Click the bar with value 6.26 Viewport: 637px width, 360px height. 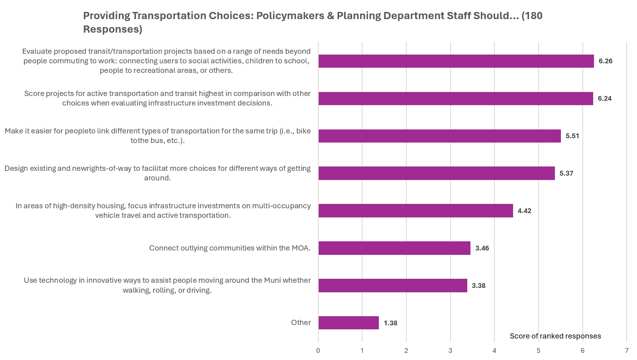pyautogui.click(x=456, y=61)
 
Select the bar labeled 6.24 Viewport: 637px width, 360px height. pyautogui.click(x=455, y=99)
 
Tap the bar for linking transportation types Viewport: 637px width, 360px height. pyautogui.click(x=439, y=136)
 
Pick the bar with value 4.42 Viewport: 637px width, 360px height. pyautogui.click(x=416, y=211)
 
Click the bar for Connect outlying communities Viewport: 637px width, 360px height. pyautogui.click(x=394, y=248)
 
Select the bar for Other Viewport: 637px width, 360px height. pyautogui.click(x=349, y=323)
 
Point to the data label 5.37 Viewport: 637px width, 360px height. pyautogui.click(x=566, y=173)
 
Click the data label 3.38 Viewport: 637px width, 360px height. pyautogui.click(x=478, y=286)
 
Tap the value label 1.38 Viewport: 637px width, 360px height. pyautogui.click(x=390, y=323)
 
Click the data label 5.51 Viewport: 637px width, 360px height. pyautogui.click(x=572, y=136)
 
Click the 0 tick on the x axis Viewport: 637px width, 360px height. pyautogui.click(x=318, y=351)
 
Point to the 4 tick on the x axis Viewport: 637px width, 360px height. pyautogui.click(x=494, y=351)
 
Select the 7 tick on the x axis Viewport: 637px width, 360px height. pyautogui.click(x=627, y=351)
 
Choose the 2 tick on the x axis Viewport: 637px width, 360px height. pyautogui.click(x=406, y=351)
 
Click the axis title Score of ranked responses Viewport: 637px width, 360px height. pyautogui.click(x=555, y=336)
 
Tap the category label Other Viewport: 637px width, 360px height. pyautogui.click(x=301, y=323)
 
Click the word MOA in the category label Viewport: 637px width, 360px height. pyautogui.click(x=300, y=248)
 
